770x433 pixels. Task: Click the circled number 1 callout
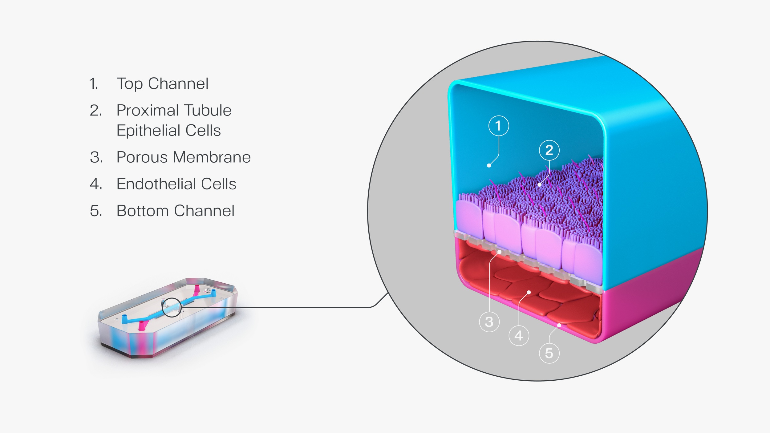[498, 126]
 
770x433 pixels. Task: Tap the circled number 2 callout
[549, 150]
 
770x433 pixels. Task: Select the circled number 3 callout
[489, 322]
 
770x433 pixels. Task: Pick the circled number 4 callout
[519, 336]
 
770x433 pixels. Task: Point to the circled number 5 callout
[549, 353]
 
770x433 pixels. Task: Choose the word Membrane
[212, 157]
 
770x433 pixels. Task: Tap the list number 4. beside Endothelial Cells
[96, 184]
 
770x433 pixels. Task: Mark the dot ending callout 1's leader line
[489, 166]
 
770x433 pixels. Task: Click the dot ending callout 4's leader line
[529, 292]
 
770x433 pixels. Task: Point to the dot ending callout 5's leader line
[559, 325]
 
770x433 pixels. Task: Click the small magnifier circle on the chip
[172, 307]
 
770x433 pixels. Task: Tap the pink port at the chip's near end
[142, 326]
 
